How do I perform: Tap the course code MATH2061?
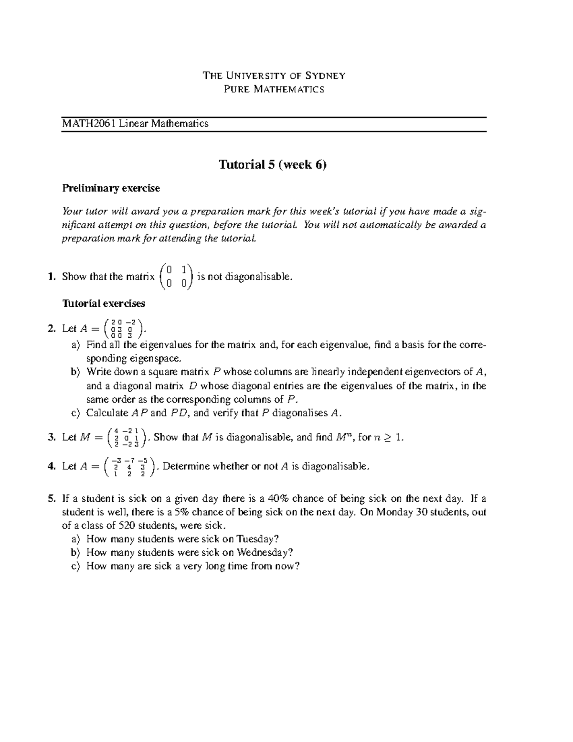click(x=89, y=124)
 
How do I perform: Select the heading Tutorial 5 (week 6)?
click(x=273, y=165)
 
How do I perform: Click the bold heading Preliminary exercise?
click(x=111, y=188)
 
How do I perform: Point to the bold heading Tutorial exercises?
click(x=104, y=303)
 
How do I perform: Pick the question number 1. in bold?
click(x=52, y=277)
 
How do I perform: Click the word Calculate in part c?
click(x=107, y=413)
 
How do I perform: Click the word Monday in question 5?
click(x=393, y=512)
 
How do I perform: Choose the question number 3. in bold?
click(x=52, y=437)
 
